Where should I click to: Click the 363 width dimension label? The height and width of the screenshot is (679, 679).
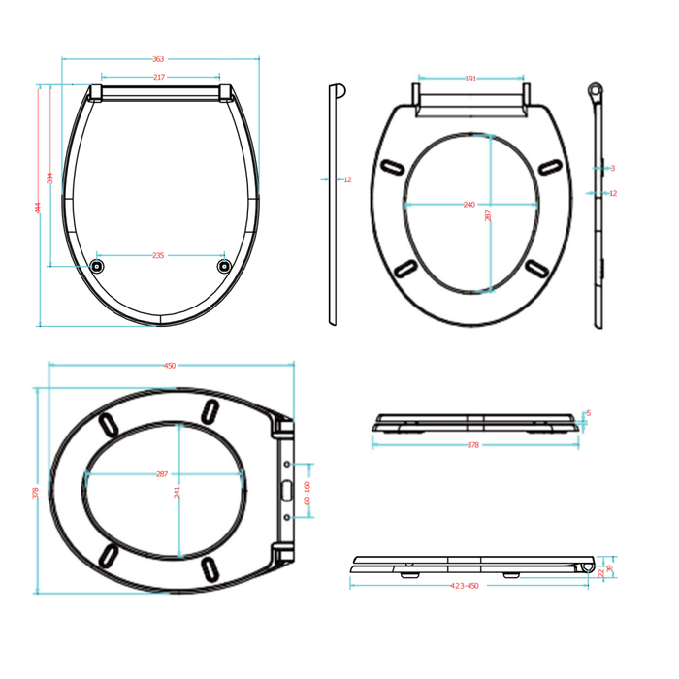159,59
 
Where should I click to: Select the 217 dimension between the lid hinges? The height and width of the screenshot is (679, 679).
159,78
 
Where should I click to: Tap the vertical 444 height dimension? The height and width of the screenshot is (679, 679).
39,207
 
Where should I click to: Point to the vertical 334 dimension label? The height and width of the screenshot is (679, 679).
50,178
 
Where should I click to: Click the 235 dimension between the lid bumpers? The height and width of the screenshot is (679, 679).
158,255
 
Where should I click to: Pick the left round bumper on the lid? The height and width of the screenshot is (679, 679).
96,265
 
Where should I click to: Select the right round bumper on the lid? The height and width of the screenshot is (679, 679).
224,265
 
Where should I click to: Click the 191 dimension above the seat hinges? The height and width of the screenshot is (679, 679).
470,79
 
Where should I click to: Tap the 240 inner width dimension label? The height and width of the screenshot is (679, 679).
469,205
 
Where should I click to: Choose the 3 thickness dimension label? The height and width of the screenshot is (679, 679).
612,168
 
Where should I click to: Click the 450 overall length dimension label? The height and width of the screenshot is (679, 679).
170,366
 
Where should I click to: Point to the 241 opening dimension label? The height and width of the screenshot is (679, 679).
178,491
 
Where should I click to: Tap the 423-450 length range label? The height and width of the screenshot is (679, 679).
466,586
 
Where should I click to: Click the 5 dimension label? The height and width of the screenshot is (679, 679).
588,413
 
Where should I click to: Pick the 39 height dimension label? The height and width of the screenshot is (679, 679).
609,569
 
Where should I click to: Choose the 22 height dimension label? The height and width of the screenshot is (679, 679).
600,573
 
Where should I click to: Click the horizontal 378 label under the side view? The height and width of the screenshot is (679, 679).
473,445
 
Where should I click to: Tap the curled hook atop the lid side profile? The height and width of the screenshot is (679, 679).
339,91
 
